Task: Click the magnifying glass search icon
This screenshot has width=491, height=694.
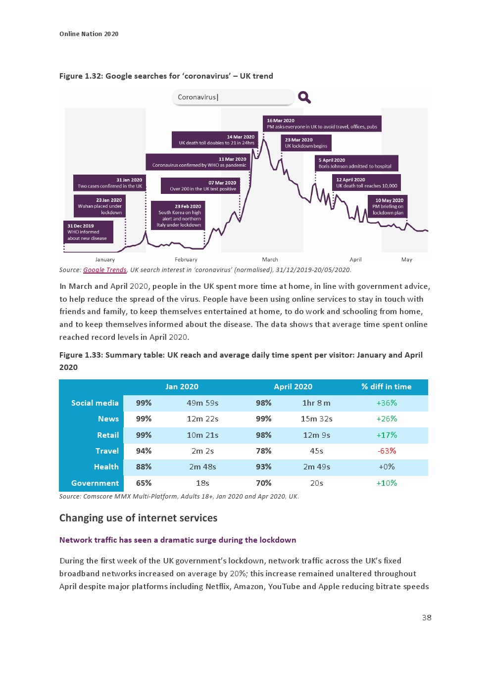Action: point(304,97)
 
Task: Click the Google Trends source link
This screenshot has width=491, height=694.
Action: point(105,270)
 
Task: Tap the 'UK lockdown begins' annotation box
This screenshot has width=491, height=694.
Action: point(306,143)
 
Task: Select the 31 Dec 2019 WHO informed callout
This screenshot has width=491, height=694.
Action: point(88,232)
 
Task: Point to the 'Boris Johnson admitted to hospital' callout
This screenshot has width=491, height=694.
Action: point(356,163)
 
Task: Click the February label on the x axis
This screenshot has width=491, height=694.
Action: point(186,260)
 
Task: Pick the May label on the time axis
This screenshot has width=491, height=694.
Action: point(407,260)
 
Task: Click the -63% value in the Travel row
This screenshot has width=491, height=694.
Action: point(387,451)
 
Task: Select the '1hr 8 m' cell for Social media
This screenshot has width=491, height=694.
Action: point(316,403)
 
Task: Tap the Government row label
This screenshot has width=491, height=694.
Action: point(95,483)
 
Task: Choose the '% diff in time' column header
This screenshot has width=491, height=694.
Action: point(386,387)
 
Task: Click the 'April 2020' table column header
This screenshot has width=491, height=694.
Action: point(293,387)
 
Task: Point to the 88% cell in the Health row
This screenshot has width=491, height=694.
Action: point(144,467)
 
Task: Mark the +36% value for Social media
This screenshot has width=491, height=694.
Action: point(387,403)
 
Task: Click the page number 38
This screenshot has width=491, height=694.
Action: point(427,617)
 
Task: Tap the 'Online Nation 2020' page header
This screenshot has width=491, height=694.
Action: point(89,34)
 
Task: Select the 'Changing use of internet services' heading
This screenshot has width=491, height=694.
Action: point(138,518)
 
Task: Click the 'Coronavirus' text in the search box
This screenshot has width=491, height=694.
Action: point(197,97)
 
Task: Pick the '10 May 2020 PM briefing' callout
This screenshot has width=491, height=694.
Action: point(388,207)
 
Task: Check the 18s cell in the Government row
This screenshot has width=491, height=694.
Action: point(202,483)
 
